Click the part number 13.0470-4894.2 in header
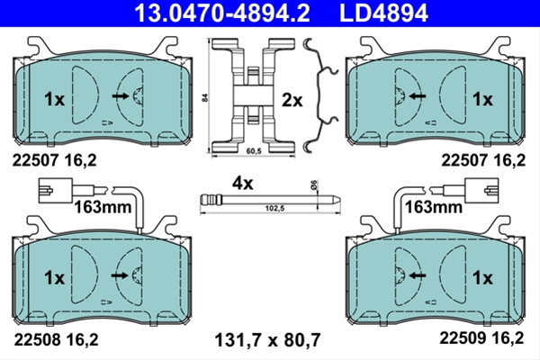(x=222, y=13)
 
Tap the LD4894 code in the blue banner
(x=383, y=13)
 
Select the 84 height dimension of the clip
(x=205, y=97)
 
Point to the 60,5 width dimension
(x=254, y=151)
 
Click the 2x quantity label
(x=292, y=101)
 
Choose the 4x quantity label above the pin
(x=242, y=184)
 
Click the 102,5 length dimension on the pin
(x=274, y=209)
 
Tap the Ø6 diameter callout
(x=313, y=184)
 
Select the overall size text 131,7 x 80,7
(x=267, y=340)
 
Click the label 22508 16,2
(x=56, y=339)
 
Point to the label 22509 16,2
(x=481, y=338)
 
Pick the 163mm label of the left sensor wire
(x=103, y=207)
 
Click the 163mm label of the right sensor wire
(x=433, y=207)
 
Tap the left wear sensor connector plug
(x=56, y=190)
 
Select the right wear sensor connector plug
(x=481, y=190)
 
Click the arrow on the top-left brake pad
(x=121, y=96)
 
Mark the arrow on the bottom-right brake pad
(x=417, y=274)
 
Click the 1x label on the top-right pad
(x=482, y=100)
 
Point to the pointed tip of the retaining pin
(x=340, y=200)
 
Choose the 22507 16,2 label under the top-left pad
(x=54, y=160)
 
